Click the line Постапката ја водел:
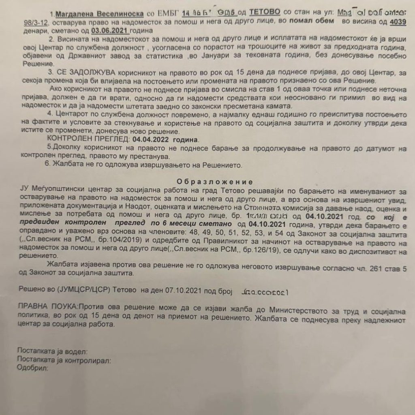tap(52, 350)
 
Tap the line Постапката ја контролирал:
tap(64, 359)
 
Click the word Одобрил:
tap(33, 369)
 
